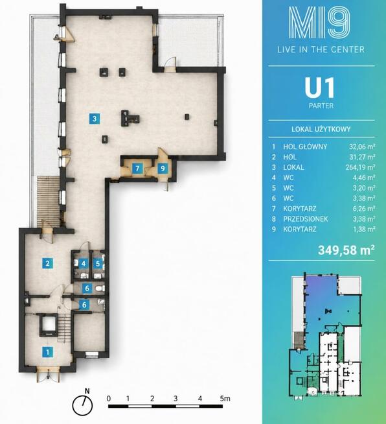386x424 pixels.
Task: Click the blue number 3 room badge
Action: (95, 119)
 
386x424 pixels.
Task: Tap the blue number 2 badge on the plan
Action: (47, 263)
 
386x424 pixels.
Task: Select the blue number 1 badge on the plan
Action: (48, 352)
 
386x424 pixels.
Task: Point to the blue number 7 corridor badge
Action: (137, 169)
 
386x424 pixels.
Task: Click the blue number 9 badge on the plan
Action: (163, 169)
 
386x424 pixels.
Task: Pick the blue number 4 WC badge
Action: (84, 263)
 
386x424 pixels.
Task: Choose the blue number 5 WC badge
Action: (98, 263)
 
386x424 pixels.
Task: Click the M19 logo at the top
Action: (319, 22)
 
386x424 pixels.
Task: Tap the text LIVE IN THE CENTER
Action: (321, 49)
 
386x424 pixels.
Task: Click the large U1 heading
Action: (320, 88)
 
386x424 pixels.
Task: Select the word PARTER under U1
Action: (321, 106)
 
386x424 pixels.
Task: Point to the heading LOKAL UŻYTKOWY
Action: (321, 129)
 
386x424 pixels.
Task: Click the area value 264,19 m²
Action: (360, 167)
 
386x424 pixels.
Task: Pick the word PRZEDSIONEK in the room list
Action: (306, 218)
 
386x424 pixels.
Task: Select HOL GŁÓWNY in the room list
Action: (305, 147)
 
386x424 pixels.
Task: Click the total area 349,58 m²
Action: (346, 250)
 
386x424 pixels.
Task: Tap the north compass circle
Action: (82, 406)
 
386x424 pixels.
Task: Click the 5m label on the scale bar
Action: (225, 398)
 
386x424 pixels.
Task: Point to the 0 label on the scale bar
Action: (109, 398)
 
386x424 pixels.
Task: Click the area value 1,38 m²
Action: (364, 229)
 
